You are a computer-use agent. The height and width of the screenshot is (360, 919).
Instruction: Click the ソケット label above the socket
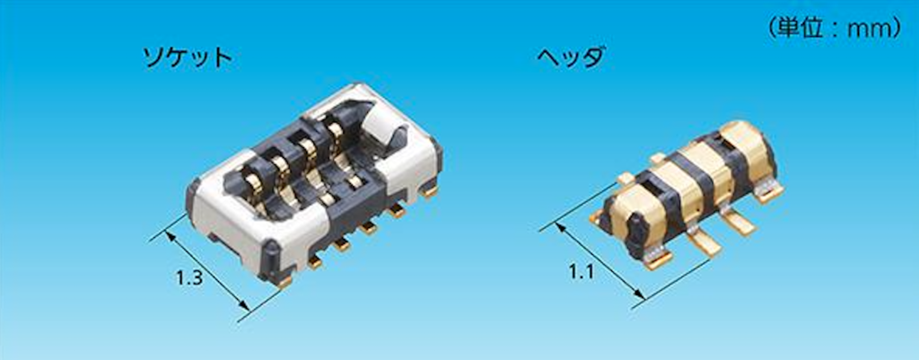(188, 57)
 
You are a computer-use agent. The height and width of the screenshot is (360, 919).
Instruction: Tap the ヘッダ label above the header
(571, 57)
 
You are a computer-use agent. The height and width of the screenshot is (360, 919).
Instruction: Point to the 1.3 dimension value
(189, 278)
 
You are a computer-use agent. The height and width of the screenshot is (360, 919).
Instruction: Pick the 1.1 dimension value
(581, 271)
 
